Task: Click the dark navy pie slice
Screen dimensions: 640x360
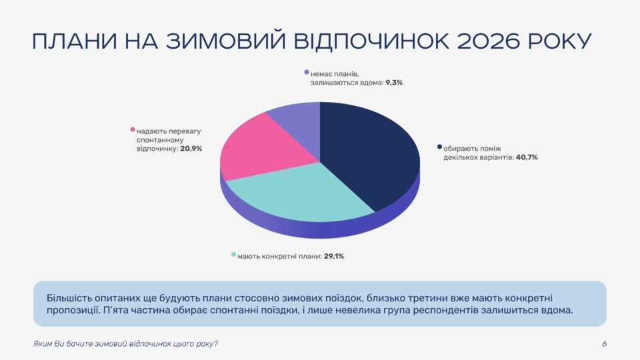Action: (367, 155)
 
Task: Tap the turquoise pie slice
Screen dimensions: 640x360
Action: (302, 194)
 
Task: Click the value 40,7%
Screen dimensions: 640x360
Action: (527, 157)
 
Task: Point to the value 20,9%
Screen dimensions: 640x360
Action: (191, 149)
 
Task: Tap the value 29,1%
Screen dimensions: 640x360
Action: (334, 256)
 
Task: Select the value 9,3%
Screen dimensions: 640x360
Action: (394, 83)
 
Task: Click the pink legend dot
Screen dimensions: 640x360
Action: (132, 129)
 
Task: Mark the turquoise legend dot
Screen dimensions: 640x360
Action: (233, 254)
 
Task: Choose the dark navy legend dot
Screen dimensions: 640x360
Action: (439, 147)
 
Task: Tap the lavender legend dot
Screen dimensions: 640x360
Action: (307, 72)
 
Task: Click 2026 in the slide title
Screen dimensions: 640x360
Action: (489, 41)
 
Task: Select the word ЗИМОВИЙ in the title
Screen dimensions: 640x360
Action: (226, 41)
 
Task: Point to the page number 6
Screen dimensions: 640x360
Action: (604, 344)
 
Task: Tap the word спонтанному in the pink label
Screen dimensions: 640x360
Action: (160, 141)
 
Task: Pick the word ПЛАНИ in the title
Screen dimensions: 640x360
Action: (75, 41)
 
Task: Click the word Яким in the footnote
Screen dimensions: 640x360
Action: (43, 344)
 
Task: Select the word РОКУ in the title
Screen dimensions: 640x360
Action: (560, 41)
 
